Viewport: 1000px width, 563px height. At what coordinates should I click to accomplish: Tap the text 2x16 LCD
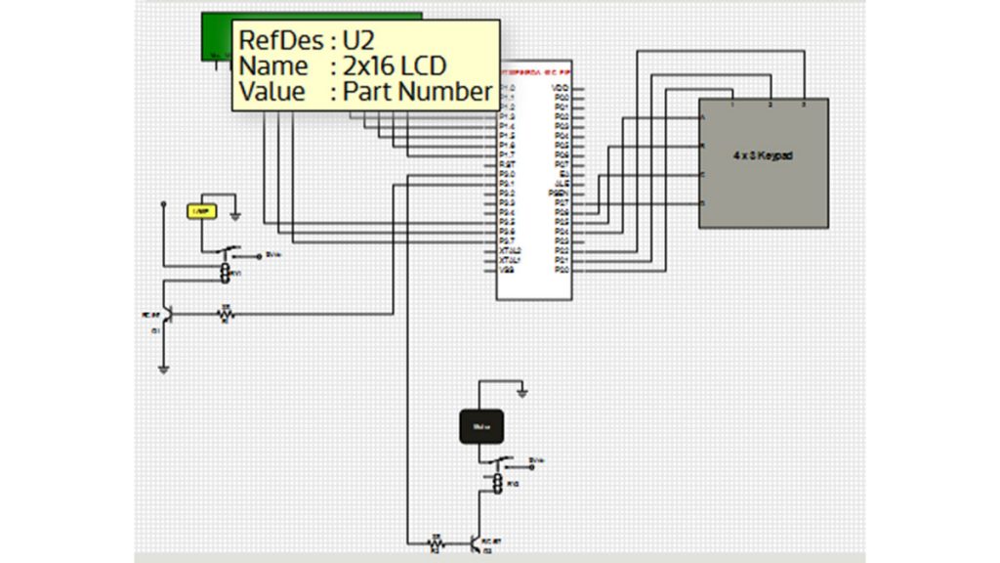395,66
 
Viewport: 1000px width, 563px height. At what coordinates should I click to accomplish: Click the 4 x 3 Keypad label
763,155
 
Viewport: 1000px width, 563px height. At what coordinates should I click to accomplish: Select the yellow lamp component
201,211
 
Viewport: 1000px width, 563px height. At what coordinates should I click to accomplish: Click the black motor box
480,426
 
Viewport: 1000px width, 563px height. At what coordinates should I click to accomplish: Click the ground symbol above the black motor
523,393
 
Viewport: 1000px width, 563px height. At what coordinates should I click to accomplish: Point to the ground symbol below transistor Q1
164,369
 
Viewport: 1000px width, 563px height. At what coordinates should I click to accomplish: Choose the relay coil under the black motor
496,484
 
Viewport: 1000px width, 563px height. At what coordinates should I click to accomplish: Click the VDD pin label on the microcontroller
561,88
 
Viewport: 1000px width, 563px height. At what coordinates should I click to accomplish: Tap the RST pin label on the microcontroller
507,164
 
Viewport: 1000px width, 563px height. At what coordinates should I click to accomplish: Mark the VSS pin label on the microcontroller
506,270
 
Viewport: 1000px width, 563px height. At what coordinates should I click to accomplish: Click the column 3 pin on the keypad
803,104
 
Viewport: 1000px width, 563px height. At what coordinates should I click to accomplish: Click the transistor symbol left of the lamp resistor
167,315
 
